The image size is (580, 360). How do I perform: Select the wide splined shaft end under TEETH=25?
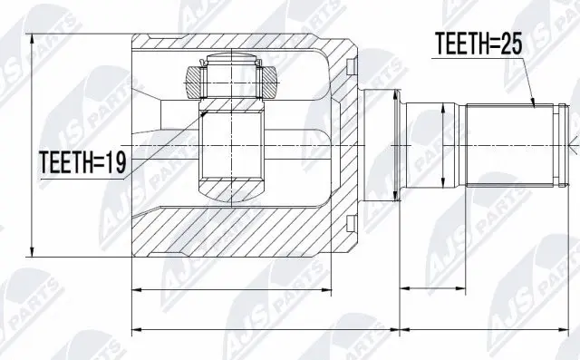pyautogui.click(x=510, y=145)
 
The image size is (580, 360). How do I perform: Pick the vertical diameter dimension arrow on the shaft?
pyautogui.click(x=441, y=145)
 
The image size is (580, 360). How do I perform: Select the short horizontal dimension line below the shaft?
pyautogui.click(x=432, y=289)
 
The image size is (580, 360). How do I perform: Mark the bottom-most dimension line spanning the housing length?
pyautogui.click(x=263, y=327)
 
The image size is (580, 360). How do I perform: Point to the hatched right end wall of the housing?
pyautogui.click(x=346, y=145)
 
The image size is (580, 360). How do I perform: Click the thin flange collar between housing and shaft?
pyautogui.click(x=397, y=145)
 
